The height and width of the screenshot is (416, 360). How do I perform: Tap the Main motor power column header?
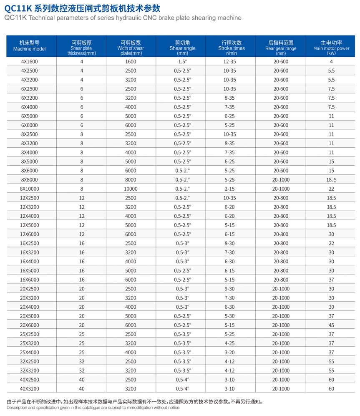coord(331,45)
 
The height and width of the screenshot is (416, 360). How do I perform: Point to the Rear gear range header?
coord(281,45)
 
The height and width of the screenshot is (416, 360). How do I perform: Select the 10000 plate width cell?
coord(131,189)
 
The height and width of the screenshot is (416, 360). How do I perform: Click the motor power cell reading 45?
coord(331,325)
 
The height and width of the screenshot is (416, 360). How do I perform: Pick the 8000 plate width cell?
coord(131,180)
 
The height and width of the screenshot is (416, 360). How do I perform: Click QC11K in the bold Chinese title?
coord(19,8)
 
